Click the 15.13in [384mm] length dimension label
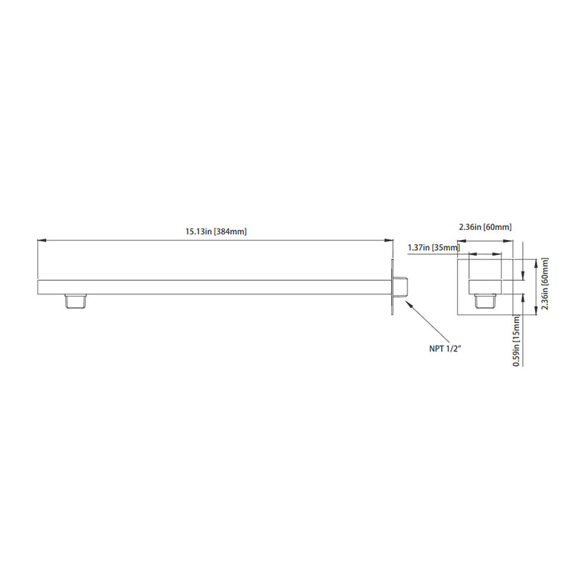point(216,231)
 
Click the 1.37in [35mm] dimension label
point(433,248)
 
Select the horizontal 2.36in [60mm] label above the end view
point(485,227)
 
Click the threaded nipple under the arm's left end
point(75,301)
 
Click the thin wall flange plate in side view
point(393,286)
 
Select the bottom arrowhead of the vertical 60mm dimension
point(536,311)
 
